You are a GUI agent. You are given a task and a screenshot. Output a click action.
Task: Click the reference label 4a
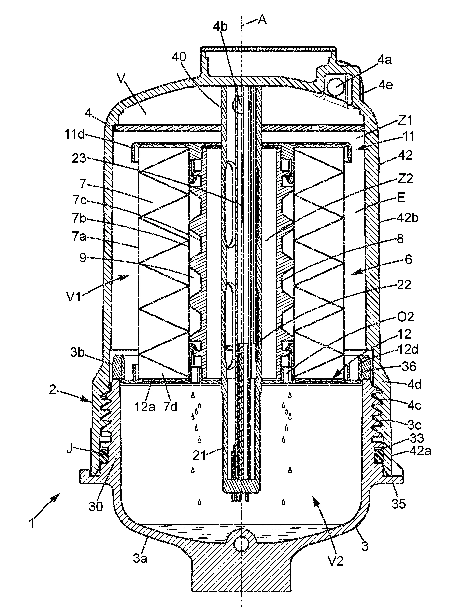(x=384, y=60)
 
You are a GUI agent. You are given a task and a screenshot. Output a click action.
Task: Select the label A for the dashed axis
(x=262, y=20)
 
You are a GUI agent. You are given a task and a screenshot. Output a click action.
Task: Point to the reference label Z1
(x=405, y=120)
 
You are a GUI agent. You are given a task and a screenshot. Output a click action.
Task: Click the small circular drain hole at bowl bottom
(x=241, y=542)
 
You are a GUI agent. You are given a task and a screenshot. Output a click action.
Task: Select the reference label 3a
(x=140, y=558)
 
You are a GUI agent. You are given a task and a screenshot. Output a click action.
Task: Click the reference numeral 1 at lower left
(x=32, y=523)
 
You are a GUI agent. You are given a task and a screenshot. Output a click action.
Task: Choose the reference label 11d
(x=74, y=134)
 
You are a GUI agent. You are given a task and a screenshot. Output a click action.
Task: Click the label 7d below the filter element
(x=170, y=407)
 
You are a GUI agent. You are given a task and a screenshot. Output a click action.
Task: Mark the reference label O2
(x=405, y=317)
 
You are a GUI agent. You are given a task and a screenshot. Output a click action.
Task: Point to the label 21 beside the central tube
(x=199, y=455)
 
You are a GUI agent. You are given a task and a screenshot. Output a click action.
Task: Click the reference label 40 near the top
(x=179, y=57)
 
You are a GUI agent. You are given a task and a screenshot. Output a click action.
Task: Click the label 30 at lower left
(x=96, y=506)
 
